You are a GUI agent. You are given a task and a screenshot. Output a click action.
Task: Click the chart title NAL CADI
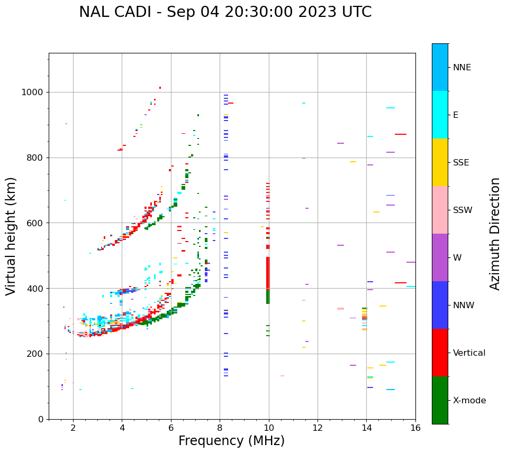tap(225, 12)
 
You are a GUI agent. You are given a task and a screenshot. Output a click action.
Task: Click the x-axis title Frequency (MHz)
tap(231, 441)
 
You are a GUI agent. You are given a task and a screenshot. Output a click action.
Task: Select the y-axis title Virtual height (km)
tap(11, 236)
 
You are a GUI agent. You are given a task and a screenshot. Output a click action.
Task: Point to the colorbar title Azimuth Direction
tap(495, 234)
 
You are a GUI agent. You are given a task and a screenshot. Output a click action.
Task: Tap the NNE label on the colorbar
tap(462, 68)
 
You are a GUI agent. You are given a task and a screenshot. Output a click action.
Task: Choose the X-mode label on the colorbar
tap(469, 401)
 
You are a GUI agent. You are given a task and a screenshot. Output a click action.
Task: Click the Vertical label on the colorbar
tap(469, 353)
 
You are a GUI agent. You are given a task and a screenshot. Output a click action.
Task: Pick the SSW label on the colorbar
tap(463, 210)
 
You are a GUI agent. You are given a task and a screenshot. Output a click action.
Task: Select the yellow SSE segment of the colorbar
tap(440, 162)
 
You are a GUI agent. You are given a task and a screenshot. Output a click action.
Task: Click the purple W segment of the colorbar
tap(440, 257)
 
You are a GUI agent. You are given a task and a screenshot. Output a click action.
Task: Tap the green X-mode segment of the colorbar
tap(440, 400)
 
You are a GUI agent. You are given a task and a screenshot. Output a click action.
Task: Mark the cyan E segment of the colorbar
tap(440, 115)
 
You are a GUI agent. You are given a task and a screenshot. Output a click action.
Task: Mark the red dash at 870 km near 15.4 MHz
tap(401, 134)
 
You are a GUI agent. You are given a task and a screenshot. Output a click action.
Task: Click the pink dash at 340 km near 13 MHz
tap(340, 309)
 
